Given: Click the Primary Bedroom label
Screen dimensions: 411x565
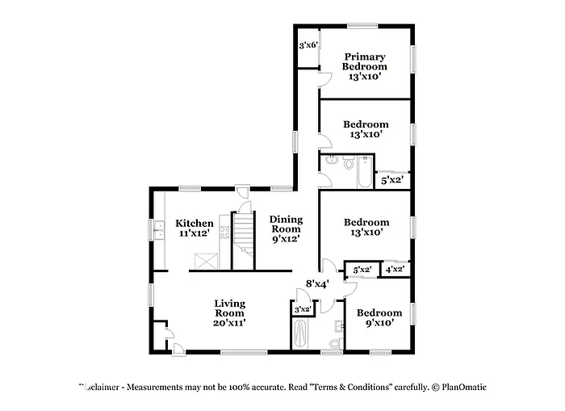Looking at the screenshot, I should click(x=365, y=62).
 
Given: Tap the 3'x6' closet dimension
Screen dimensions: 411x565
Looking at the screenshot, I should click(x=307, y=46).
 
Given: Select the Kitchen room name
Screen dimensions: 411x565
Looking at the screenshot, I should click(x=195, y=224).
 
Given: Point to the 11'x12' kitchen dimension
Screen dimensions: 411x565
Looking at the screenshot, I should click(x=195, y=233).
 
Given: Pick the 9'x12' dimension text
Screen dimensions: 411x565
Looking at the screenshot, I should click(x=286, y=238).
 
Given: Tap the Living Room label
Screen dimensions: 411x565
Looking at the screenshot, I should click(x=229, y=308).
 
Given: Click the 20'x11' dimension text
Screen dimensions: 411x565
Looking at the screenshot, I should click(x=229, y=322).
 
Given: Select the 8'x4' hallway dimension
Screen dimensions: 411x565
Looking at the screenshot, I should click(x=316, y=283).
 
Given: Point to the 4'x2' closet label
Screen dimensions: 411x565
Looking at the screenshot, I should click(x=395, y=269).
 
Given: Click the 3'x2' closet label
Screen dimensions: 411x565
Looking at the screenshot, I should click(x=303, y=309).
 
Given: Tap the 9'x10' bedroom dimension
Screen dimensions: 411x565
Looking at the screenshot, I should click(x=379, y=323).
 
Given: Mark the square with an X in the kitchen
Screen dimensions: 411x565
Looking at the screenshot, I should click(x=206, y=262).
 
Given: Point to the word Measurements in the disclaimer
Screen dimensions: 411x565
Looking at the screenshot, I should click(x=162, y=387).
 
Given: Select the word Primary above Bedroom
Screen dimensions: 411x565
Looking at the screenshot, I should click(x=366, y=57).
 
